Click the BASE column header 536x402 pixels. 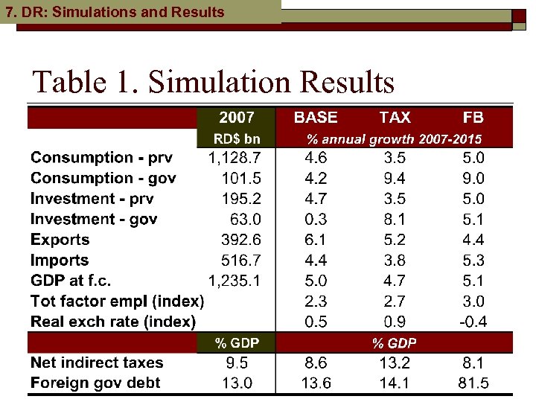[x=316, y=118]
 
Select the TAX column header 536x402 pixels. [x=395, y=118]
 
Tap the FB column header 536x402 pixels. [x=473, y=118]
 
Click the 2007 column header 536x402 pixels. [x=237, y=118]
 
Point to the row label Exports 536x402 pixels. [x=60, y=240]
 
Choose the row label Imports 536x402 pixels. [x=60, y=261]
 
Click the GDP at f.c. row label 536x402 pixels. [x=81, y=281]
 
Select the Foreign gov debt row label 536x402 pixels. [x=95, y=383]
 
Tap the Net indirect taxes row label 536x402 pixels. [x=97, y=363]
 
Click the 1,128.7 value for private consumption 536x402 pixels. [x=234, y=158]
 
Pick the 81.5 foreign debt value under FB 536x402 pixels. [x=473, y=383]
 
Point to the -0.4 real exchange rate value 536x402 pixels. [x=473, y=322]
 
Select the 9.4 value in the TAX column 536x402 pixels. [x=395, y=179]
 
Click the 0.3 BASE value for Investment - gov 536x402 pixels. [x=316, y=220]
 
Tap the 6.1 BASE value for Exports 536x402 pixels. [x=316, y=240]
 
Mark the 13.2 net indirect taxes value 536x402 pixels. [x=395, y=363]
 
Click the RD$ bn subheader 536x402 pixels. [x=237, y=138]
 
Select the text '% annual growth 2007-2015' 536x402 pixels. [x=395, y=138]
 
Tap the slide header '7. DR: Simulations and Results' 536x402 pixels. [x=115, y=12]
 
